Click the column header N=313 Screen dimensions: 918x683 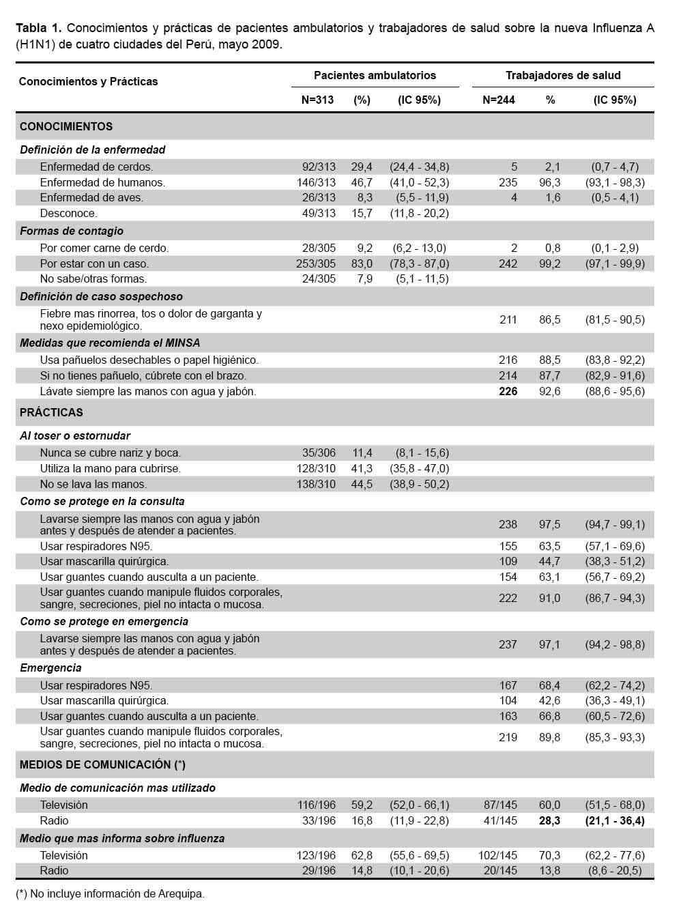click(317, 100)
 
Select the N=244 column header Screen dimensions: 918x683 click(498, 100)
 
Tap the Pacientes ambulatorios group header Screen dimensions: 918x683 click(375, 75)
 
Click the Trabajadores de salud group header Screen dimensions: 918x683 click(563, 75)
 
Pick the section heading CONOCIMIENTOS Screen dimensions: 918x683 click(66, 126)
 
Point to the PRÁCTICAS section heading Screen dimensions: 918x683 click(51, 412)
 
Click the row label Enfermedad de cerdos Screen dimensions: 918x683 click(96, 167)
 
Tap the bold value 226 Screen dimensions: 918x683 click(508, 391)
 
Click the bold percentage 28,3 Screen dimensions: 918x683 click(549, 820)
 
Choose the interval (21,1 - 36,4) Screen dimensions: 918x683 click(615, 820)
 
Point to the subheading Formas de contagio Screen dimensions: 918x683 click(72, 231)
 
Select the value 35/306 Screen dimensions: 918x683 click(319, 453)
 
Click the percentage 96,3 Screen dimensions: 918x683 click(549, 182)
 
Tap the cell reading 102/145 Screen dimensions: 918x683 click(498, 855)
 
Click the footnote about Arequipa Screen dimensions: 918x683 click(110, 893)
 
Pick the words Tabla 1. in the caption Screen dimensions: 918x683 click(39, 28)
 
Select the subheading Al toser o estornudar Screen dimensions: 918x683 click(75, 435)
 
